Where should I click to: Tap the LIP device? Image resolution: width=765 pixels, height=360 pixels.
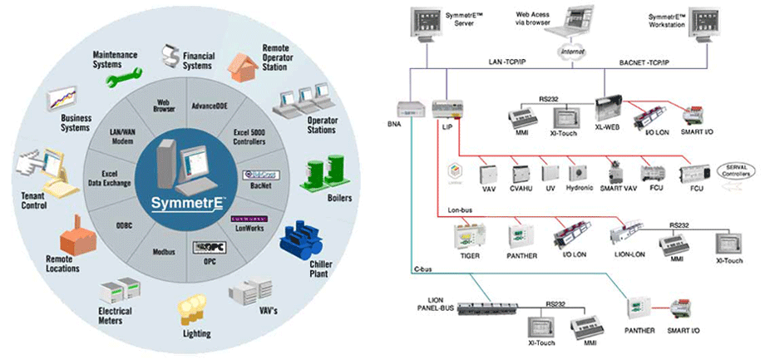(x=446, y=107)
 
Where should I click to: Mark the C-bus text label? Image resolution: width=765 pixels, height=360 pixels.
(x=423, y=269)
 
